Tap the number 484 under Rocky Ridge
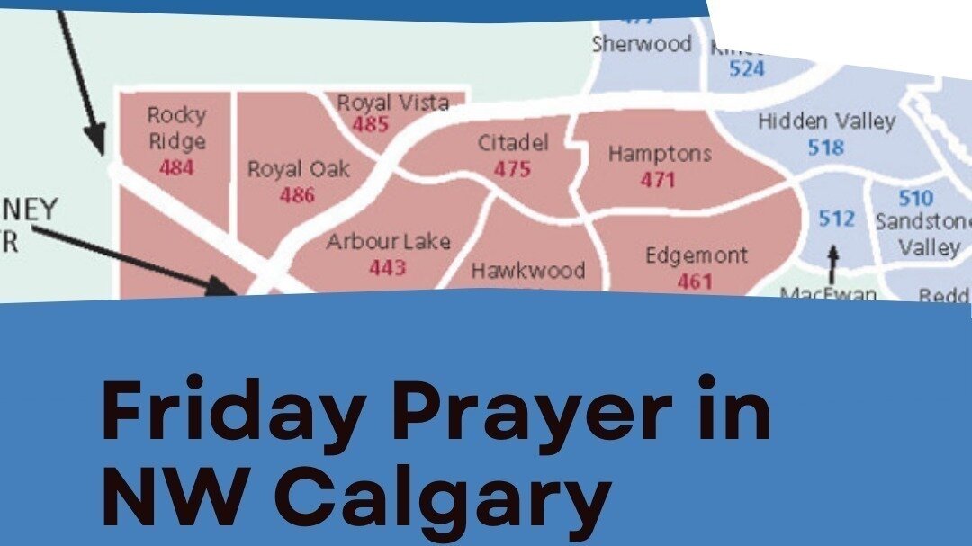click(176, 167)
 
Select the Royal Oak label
click(299, 169)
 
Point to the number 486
click(297, 194)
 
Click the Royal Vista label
click(392, 103)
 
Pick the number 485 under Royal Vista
click(370, 124)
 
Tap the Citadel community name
click(513, 143)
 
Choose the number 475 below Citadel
click(512, 168)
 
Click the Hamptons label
click(660, 154)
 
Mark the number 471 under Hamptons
click(658, 179)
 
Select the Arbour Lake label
click(389, 242)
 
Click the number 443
click(388, 267)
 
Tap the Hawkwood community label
click(528, 270)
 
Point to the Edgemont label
click(697, 255)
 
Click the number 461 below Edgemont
click(695, 281)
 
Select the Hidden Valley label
click(827, 121)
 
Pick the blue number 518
click(825, 147)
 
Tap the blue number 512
click(837, 219)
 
